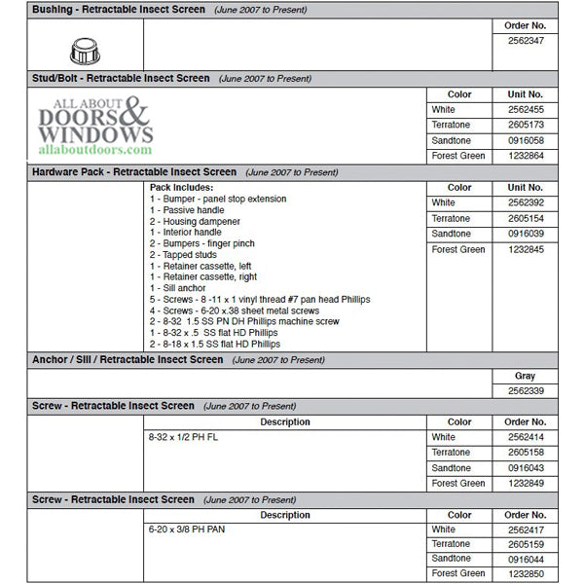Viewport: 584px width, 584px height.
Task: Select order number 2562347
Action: (526, 41)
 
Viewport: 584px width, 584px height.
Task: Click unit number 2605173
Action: (526, 126)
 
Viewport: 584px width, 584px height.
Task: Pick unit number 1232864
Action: (526, 157)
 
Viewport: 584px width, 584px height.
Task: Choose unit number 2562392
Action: (526, 203)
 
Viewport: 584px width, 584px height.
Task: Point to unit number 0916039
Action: (526, 235)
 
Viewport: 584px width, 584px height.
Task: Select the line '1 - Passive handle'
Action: (187, 210)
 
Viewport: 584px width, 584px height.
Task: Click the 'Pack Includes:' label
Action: (182, 187)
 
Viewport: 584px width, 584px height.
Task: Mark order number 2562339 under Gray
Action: (526, 391)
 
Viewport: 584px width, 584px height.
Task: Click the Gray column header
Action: (526, 377)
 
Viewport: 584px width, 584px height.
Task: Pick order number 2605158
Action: (526, 453)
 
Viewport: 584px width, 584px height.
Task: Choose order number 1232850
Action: (526, 575)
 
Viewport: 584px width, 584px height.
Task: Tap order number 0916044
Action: (526, 560)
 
